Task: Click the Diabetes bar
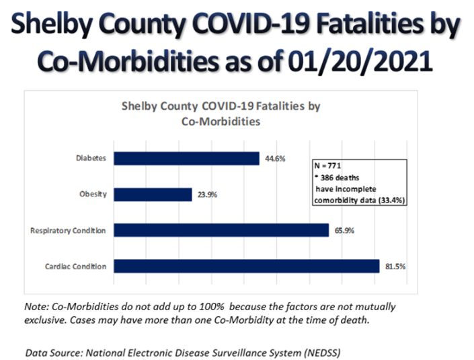pos(186,159)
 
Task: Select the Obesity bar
pos(153,194)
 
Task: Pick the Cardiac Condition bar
pos(247,266)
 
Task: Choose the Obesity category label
pos(93,195)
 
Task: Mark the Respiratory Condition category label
pos(69,231)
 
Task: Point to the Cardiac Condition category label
pos(76,267)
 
